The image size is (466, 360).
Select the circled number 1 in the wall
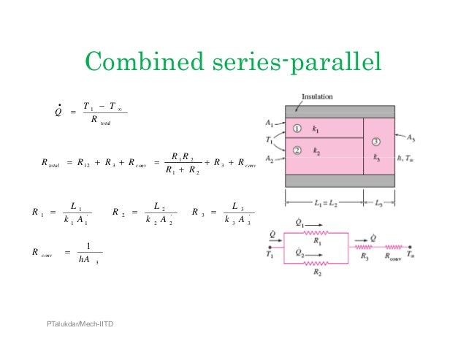coord(297,129)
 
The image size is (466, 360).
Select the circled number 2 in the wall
coord(297,150)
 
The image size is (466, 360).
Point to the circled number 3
coord(376,141)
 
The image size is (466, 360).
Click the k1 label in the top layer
coord(316,129)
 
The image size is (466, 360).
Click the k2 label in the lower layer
coord(316,150)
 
